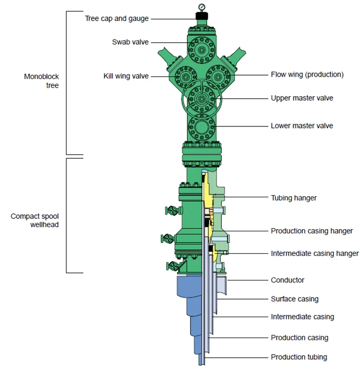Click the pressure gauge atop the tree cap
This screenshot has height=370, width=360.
click(201, 7)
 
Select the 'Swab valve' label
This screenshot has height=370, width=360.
click(130, 42)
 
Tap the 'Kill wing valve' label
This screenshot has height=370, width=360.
click(126, 76)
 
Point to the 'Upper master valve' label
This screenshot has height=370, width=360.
click(302, 98)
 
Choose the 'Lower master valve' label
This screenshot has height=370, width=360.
click(302, 125)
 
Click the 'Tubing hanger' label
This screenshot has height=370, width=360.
click(294, 197)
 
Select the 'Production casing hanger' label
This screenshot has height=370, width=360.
click(312, 231)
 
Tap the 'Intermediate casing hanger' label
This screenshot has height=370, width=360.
click(314, 253)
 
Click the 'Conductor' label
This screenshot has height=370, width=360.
click(287, 280)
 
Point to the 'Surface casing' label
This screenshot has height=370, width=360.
click(295, 299)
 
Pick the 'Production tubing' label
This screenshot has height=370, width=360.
click(299, 357)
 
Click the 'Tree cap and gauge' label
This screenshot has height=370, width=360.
click(117, 18)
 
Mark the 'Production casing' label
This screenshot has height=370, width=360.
click(299, 338)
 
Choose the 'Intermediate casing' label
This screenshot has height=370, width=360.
click(302, 317)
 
